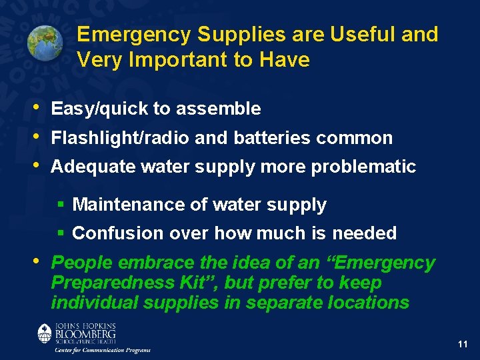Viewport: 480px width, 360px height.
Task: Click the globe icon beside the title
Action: (45, 43)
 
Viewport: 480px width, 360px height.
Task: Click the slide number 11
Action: (463, 344)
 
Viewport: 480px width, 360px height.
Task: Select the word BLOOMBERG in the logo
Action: (86, 333)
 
